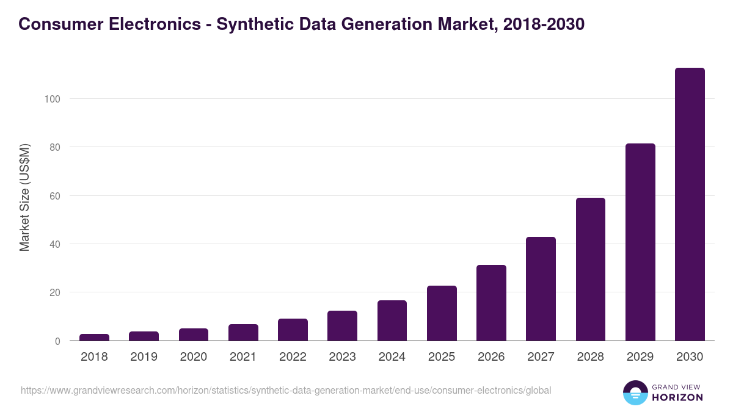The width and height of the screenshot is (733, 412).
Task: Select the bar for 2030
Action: pos(690,204)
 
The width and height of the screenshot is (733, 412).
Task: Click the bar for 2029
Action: pos(640,242)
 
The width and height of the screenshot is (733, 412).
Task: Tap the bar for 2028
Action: pos(591,269)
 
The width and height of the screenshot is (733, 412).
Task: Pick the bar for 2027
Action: pos(541,289)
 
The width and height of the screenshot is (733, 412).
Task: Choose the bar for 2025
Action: pos(442,313)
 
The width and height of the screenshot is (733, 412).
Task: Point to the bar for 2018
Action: pos(94,338)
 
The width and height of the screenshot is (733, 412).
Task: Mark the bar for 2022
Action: pos(293,330)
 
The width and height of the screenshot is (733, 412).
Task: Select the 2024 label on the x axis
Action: pos(392,357)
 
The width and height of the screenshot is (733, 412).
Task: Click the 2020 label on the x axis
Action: pos(193,357)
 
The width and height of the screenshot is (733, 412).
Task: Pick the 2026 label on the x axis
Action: pos(491,357)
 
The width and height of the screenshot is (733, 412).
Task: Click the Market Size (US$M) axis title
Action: pos(24,198)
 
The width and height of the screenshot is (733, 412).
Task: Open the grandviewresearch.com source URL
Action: pos(286,390)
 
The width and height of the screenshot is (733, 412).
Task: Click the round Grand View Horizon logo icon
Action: pos(635,392)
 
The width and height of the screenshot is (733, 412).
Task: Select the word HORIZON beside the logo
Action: pos(677,397)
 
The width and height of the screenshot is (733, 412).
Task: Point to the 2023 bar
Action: pos(342,326)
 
